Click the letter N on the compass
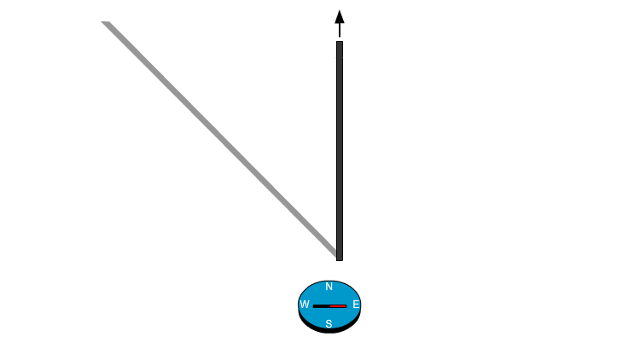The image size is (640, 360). (329, 287)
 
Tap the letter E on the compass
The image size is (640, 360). (356, 305)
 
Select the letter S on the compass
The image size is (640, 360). (329, 323)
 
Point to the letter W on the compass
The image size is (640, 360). (305, 305)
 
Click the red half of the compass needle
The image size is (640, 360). (338, 305)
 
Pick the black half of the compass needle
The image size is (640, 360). (322, 305)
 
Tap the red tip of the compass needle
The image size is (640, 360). (346, 305)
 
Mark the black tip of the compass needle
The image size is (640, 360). (314, 305)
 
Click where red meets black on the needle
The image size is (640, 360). (330, 305)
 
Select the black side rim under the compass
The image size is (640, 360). (329, 331)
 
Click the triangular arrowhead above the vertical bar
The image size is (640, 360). (340, 17)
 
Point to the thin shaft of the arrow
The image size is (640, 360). (340, 32)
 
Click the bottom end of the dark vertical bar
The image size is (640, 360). (340, 258)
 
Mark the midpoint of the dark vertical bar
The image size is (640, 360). (340, 150)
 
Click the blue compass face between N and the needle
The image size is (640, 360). (329, 296)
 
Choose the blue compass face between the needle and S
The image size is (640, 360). (329, 314)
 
